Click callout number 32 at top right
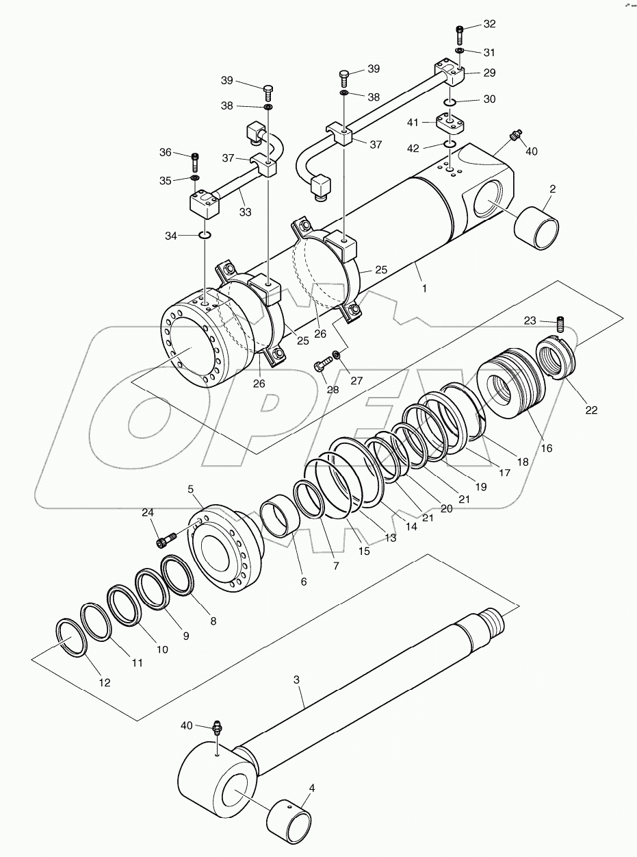(x=489, y=24)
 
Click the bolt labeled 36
(x=196, y=161)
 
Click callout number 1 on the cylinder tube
(x=424, y=288)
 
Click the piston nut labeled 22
(x=559, y=358)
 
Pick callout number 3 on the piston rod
(x=296, y=680)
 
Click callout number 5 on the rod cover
(x=191, y=488)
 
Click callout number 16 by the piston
(x=545, y=449)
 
